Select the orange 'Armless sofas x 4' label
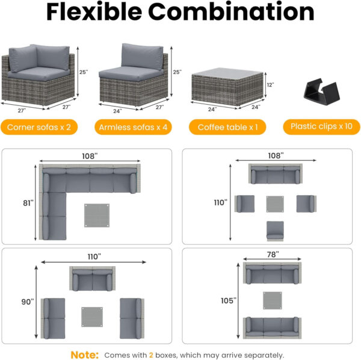coord(131,127)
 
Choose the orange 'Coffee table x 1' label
coord(223,127)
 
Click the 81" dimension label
coord(27,203)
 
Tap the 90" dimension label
coord(27,301)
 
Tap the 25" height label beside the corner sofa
coord(83,72)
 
